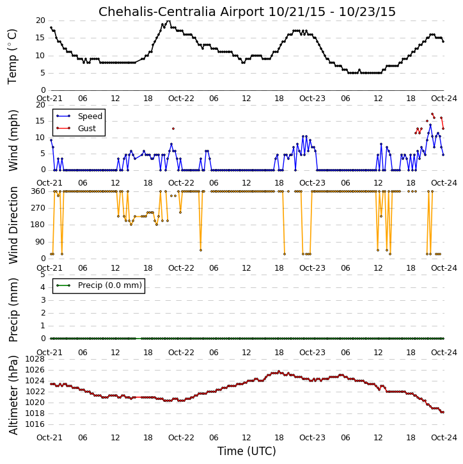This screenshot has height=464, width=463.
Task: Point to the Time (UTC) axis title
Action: (247, 451)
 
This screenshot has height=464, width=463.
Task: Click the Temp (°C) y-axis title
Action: (12, 56)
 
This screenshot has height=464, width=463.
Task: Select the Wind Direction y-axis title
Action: (13, 225)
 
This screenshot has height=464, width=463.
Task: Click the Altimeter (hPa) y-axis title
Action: (13, 395)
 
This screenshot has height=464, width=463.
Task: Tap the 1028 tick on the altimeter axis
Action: (35, 359)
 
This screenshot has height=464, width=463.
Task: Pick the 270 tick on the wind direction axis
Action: (39, 208)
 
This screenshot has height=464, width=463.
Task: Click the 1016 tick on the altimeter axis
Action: (35, 425)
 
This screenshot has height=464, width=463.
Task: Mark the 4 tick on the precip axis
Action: (43, 287)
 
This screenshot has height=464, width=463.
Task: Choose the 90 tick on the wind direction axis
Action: (41, 242)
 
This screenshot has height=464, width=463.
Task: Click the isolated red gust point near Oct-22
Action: (173, 129)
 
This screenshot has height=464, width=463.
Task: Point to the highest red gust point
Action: (432, 114)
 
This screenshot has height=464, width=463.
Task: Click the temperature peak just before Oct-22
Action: (169, 20)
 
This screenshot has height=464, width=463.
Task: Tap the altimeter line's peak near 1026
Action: (279, 371)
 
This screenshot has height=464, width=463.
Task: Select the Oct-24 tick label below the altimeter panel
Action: (444, 437)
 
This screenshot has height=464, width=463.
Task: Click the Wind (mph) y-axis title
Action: (13, 141)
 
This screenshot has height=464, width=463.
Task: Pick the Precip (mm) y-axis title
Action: (13, 310)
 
